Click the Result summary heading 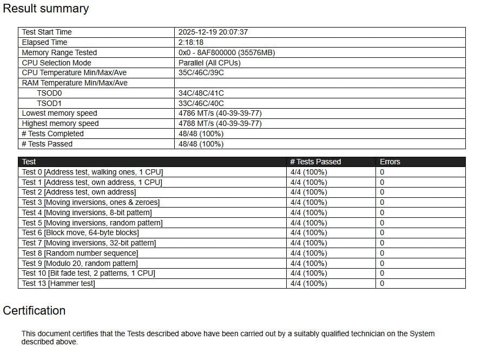(46, 9)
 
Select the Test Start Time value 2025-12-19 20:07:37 (213, 32)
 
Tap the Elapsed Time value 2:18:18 (191, 42)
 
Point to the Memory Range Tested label (60, 52)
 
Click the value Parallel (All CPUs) (209, 63)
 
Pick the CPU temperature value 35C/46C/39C (201, 72)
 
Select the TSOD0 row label (49, 93)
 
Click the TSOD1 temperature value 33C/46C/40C (201, 103)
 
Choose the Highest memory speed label (61, 123)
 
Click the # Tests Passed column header (315, 162)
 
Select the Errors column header (390, 162)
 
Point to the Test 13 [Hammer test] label (58, 283)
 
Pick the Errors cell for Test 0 (382, 172)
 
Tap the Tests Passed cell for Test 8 (308, 253)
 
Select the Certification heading (34, 310)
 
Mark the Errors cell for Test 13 (382, 283)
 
